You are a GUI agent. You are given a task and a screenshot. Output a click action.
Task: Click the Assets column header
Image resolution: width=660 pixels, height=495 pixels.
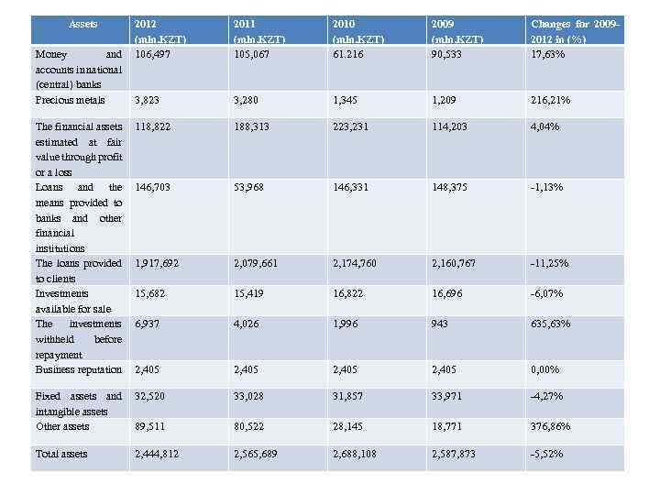(84, 23)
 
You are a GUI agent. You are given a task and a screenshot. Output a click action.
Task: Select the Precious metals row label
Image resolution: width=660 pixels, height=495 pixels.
(70, 99)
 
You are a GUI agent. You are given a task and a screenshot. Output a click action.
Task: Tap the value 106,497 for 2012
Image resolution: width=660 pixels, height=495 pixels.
(154, 54)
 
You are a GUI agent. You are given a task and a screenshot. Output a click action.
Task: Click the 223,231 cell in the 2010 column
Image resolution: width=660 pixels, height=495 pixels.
(353, 126)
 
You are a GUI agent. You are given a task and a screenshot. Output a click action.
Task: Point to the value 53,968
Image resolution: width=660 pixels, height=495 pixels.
(251, 187)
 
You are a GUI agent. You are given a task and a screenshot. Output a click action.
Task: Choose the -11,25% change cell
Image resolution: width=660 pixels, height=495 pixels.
(550, 263)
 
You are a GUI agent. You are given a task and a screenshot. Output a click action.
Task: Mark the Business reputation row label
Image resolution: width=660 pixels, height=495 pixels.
(78, 369)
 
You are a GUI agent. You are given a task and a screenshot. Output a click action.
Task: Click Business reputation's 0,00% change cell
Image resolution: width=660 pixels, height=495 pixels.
(547, 369)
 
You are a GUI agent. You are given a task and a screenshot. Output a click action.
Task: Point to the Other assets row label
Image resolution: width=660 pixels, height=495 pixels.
(62, 426)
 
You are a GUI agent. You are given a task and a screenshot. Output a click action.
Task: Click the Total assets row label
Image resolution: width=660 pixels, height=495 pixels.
(62, 454)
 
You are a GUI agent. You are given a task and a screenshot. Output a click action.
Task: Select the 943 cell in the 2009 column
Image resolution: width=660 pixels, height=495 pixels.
(442, 324)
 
